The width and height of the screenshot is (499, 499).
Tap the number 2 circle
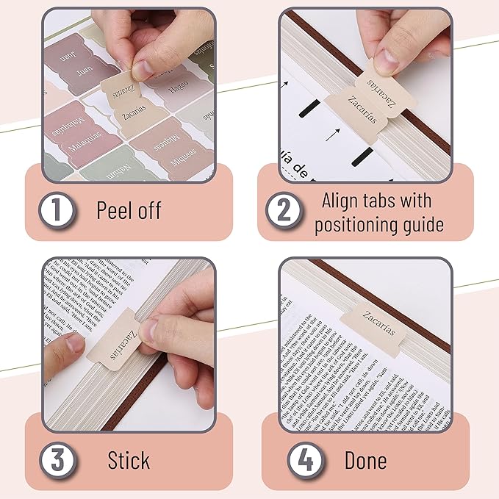click(x=283, y=212)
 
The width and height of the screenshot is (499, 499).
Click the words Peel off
click(x=129, y=210)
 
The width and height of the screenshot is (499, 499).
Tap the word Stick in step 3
click(x=129, y=461)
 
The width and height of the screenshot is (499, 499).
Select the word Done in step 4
click(x=365, y=461)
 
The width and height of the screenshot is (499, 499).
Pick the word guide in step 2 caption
click(x=419, y=224)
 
